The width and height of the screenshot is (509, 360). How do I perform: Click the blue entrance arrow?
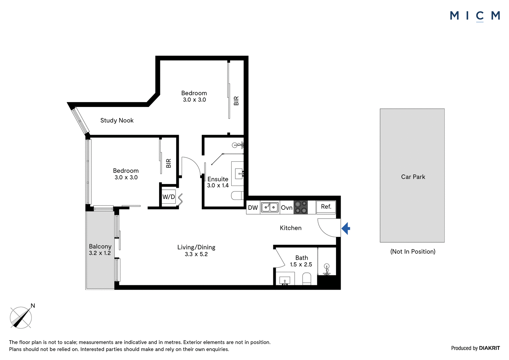click(345, 228)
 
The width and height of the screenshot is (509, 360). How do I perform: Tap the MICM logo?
click(475, 16)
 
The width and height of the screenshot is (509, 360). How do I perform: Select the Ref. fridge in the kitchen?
click(326, 207)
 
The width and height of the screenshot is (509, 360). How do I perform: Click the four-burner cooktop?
click(301, 207)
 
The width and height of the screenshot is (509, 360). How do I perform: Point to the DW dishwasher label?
click(253, 208)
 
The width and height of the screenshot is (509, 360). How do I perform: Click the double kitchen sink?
click(270, 207)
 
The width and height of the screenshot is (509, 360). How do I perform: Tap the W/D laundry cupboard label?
click(169, 197)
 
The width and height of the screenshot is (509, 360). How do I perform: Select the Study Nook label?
click(117, 120)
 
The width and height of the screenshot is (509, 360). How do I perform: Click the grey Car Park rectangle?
click(412, 175)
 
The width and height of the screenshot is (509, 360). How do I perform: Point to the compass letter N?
click(33, 306)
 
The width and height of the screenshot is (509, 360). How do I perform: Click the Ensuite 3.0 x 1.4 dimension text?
click(218, 185)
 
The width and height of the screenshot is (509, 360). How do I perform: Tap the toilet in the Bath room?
click(307, 279)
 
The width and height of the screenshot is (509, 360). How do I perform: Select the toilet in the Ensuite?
click(237, 195)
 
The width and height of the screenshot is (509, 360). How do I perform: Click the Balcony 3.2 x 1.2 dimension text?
click(100, 253)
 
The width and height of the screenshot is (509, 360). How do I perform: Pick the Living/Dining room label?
click(196, 247)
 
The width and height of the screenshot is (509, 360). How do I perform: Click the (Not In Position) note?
click(413, 251)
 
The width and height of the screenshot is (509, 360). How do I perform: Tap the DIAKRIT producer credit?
click(490, 348)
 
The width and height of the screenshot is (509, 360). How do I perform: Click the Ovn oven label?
click(287, 208)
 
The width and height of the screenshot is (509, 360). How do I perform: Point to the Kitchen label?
click(291, 228)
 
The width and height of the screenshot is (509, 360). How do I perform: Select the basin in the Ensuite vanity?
click(239, 174)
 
